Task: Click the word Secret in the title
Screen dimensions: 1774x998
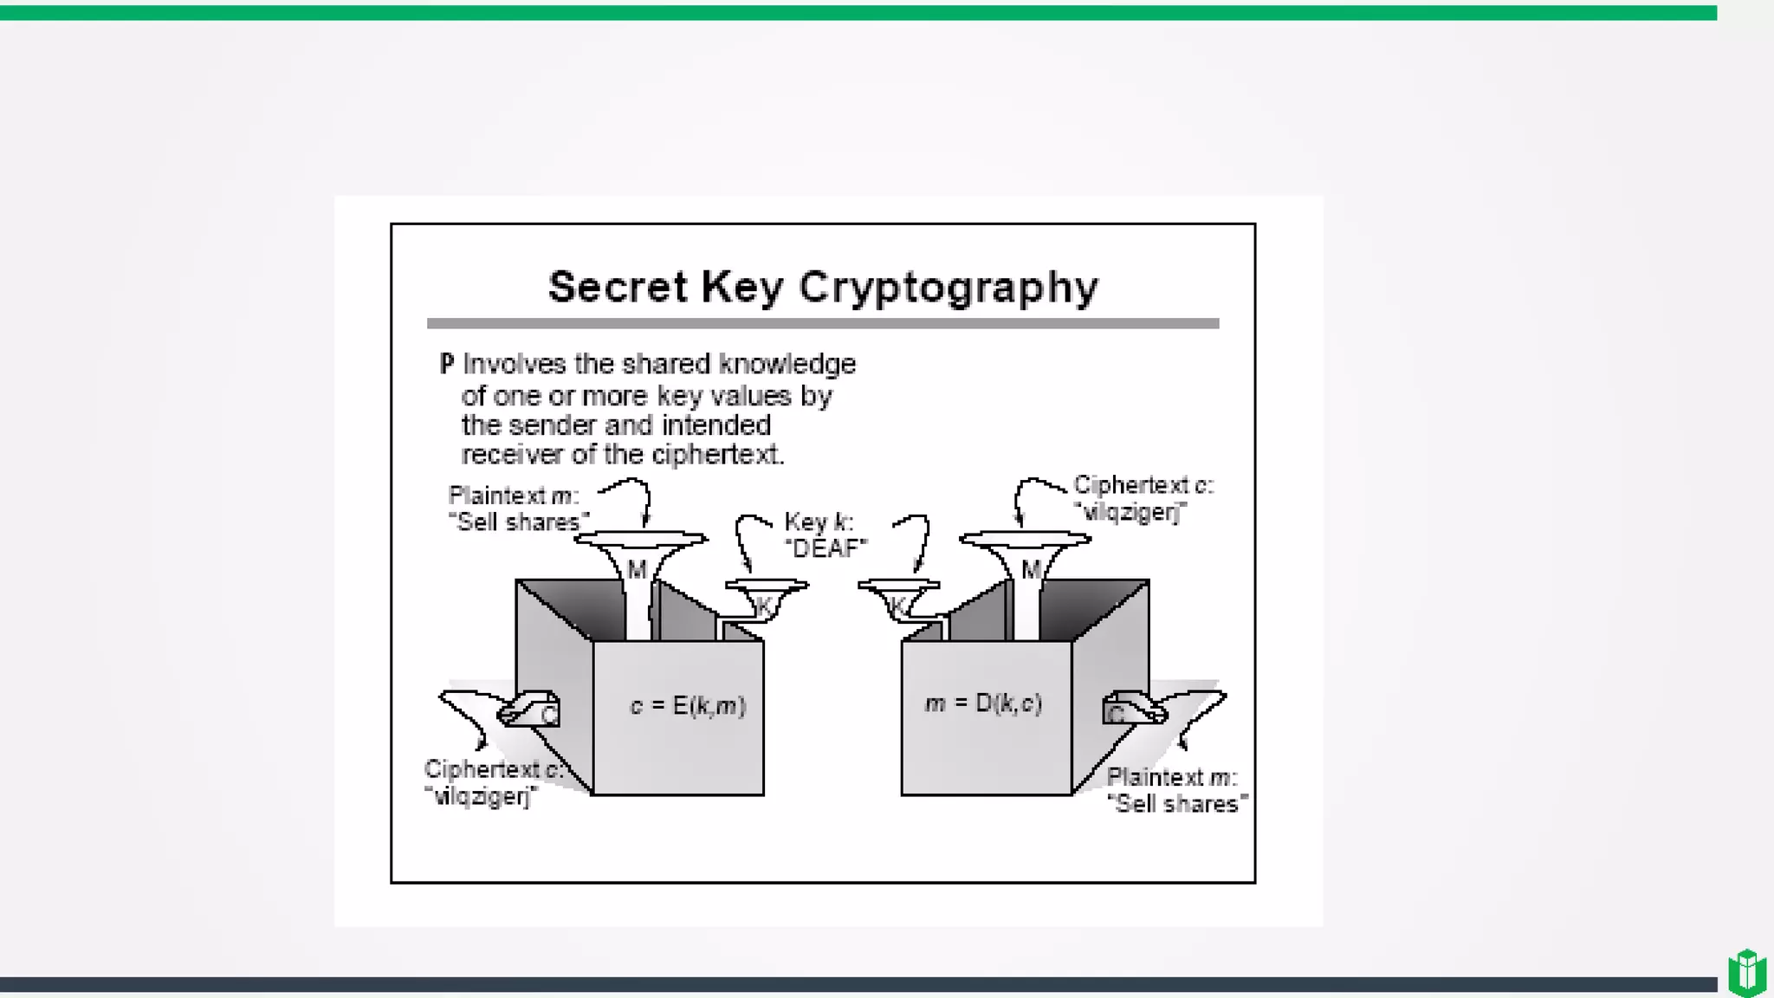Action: click(x=618, y=287)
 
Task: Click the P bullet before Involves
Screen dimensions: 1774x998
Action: click(x=446, y=364)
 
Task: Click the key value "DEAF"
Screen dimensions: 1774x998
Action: click(x=825, y=548)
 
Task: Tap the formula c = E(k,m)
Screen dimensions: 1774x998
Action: click(x=688, y=706)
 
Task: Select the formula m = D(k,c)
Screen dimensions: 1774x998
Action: click(x=983, y=703)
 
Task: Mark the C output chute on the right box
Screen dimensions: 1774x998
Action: click(x=1131, y=710)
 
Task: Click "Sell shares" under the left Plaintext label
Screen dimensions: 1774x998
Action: click(x=518, y=522)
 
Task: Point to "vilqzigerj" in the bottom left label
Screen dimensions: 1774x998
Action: click(x=481, y=796)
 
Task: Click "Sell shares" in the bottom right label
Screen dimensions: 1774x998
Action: click(x=1177, y=804)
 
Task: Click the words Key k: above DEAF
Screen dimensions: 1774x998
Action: click(x=819, y=522)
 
